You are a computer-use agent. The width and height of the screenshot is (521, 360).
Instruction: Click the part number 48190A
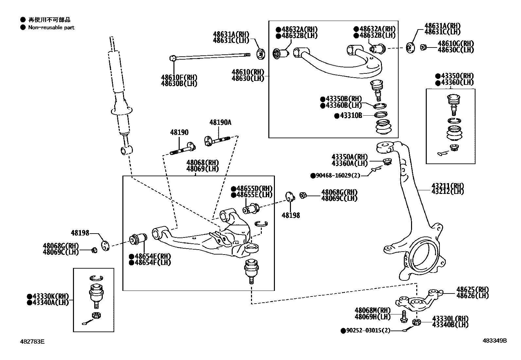(220, 123)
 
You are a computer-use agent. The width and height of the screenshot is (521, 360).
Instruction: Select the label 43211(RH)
(447, 186)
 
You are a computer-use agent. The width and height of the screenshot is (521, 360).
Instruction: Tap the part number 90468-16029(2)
(337, 176)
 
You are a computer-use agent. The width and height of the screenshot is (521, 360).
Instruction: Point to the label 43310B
(351, 116)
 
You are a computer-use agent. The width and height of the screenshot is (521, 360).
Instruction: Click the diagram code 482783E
(32, 341)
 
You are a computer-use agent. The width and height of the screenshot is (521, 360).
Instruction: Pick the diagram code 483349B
(494, 341)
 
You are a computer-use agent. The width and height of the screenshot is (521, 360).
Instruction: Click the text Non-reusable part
(51, 28)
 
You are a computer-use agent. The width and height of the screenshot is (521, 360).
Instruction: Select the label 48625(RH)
(472, 290)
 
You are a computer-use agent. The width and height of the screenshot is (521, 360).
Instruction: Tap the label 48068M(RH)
(372, 310)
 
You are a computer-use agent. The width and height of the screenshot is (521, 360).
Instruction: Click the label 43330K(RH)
(50, 296)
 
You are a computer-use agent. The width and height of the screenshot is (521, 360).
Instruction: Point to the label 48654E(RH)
(152, 256)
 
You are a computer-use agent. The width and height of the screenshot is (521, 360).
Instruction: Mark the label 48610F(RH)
(179, 78)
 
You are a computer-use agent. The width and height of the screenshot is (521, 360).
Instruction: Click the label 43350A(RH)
(350, 157)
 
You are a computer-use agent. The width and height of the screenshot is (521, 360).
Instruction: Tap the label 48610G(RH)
(456, 44)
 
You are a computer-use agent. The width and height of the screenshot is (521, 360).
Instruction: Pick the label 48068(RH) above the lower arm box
(203, 163)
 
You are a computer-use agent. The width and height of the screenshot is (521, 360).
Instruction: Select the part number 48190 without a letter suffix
(179, 133)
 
